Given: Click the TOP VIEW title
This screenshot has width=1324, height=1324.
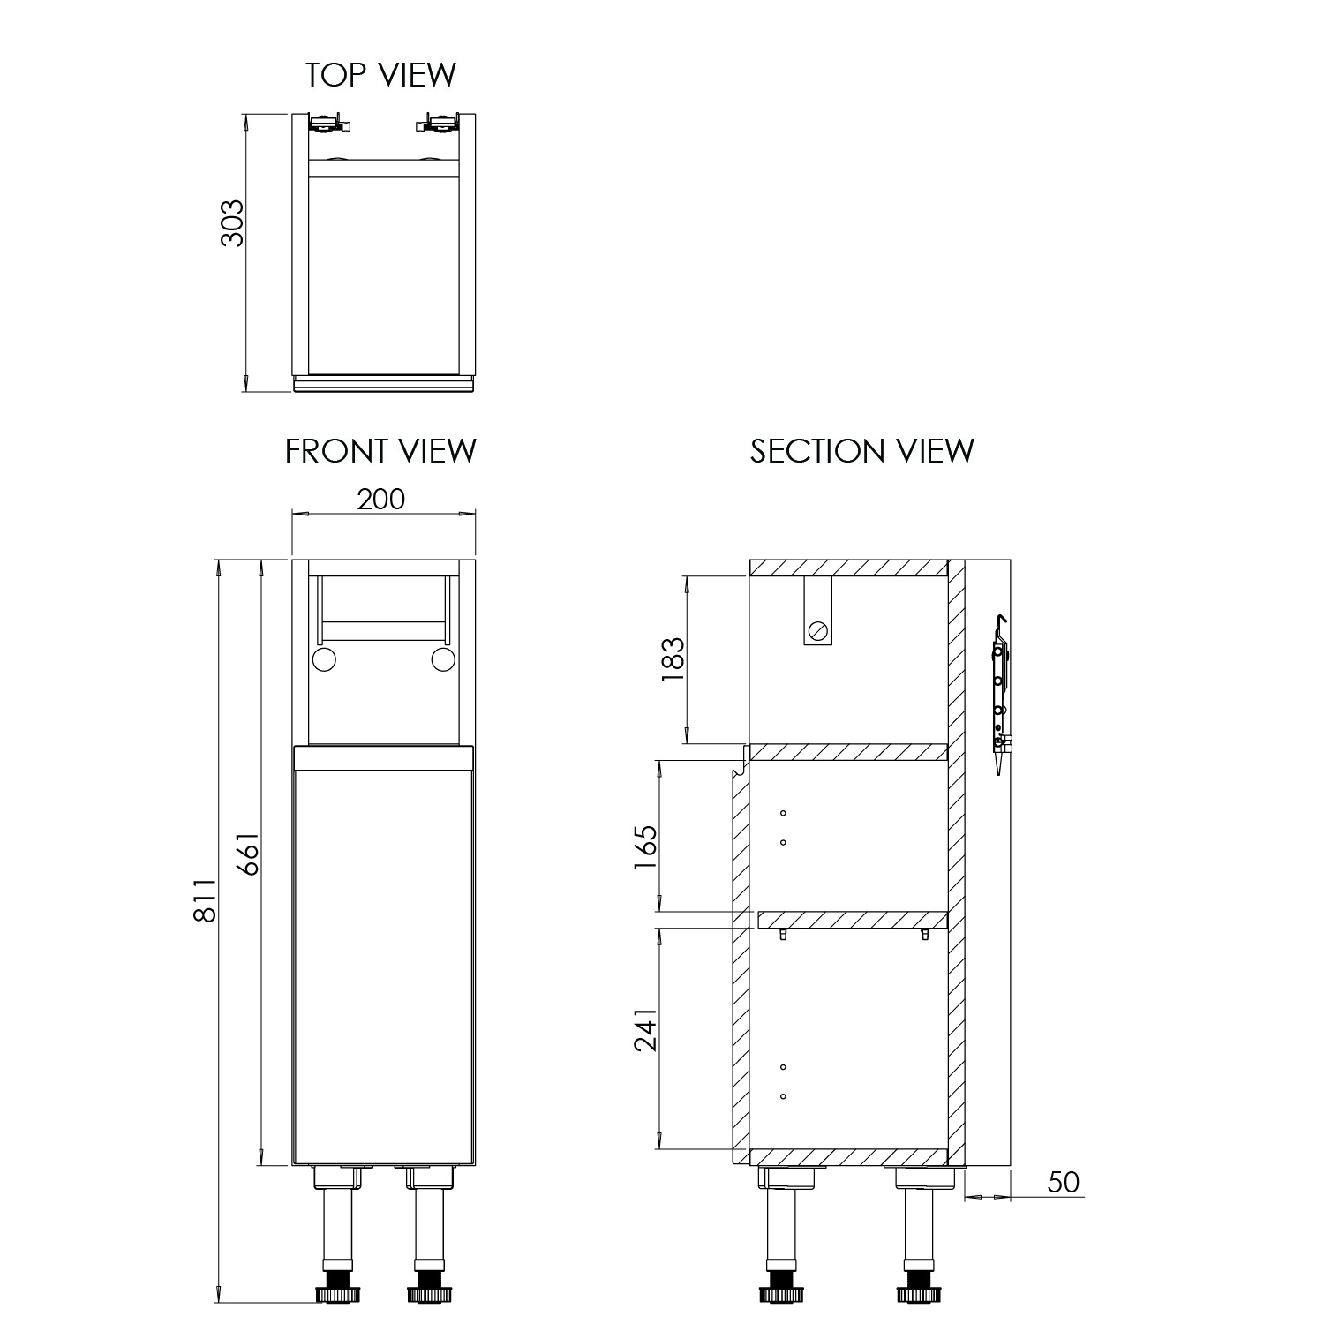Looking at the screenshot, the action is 380,75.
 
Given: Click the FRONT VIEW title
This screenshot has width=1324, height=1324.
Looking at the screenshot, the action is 380,451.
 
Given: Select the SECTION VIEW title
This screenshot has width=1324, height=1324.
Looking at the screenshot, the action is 862,451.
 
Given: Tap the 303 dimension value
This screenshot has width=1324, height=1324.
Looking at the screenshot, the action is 231,223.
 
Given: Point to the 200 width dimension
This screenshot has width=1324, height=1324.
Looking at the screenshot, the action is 381,500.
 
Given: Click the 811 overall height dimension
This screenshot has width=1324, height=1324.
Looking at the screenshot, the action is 204,900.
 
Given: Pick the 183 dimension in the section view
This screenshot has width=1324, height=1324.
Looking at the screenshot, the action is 673,658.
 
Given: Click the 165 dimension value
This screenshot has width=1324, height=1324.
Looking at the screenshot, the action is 645,847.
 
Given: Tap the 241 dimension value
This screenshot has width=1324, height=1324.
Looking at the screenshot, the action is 645,1029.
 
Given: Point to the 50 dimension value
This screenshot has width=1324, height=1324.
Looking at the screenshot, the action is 1064,1182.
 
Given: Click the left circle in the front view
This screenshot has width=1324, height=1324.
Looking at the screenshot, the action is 324,659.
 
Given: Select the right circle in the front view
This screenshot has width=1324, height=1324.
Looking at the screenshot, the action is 443,659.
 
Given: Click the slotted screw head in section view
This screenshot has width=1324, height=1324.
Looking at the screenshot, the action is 818,630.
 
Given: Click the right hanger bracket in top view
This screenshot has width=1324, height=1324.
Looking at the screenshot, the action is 439,123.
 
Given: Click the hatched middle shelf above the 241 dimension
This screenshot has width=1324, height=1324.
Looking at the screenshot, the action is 853,920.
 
